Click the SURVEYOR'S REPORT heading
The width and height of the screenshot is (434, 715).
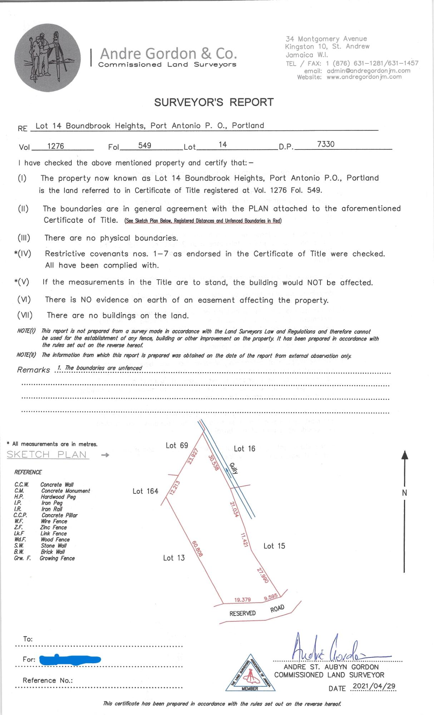click(214, 102)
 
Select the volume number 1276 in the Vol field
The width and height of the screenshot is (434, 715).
click(55, 146)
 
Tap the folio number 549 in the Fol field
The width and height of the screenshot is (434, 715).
click(145, 146)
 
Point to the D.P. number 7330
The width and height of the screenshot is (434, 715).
click(326, 144)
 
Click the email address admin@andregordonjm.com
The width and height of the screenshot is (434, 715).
click(369, 71)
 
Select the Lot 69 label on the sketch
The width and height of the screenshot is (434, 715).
click(177, 445)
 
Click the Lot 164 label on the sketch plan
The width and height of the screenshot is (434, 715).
click(145, 491)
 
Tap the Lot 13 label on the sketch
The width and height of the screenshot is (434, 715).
click(174, 558)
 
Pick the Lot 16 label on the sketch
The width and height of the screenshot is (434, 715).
click(245, 449)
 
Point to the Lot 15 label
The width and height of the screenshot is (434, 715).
click(274, 546)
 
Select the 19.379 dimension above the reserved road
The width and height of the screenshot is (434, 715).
click(242, 600)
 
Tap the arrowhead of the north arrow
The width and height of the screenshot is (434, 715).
click(404, 455)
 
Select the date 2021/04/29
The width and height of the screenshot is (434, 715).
click(374, 686)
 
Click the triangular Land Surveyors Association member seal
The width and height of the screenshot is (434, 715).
click(250, 674)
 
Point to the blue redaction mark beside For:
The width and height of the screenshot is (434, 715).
click(70, 659)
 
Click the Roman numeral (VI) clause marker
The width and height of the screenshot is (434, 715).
click(24, 300)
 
